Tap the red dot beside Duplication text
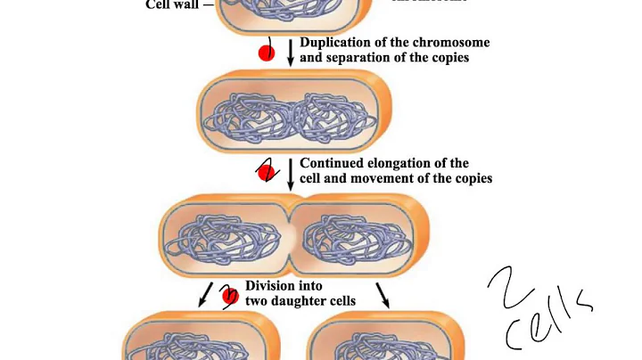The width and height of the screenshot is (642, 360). [266, 53]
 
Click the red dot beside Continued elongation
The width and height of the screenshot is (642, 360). [266, 171]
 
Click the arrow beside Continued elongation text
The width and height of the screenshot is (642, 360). [290, 171]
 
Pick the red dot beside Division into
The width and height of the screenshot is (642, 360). [229, 295]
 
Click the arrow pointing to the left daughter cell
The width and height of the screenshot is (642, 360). [206, 295]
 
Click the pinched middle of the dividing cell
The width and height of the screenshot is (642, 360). [291, 237]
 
